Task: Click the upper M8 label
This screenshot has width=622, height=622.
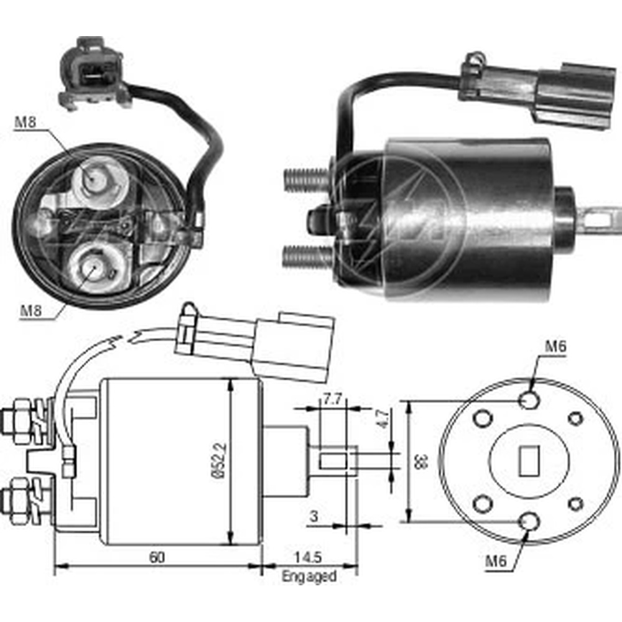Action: pyautogui.click(x=26, y=122)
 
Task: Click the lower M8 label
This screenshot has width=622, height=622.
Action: pyautogui.click(x=31, y=310)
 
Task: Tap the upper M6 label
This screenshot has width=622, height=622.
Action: pyautogui.click(x=555, y=346)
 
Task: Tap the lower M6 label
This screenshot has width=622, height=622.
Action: pyautogui.click(x=496, y=561)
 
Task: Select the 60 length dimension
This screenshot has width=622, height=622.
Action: pyautogui.click(x=157, y=557)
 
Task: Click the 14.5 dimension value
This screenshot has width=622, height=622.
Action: pyautogui.click(x=308, y=557)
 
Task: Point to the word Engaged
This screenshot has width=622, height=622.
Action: pyautogui.click(x=309, y=576)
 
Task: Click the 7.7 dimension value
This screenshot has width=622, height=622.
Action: pyautogui.click(x=332, y=399)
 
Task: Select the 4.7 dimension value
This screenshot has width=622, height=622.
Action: pyautogui.click(x=383, y=419)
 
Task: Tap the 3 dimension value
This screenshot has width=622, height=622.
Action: pyautogui.click(x=313, y=516)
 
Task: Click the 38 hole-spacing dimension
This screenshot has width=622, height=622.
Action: pyautogui.click(x=421, y=462)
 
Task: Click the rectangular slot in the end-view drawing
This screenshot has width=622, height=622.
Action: pyautogui.click(x=529, y=460)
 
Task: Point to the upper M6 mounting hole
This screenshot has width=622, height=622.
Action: pyautogui.click(x=529, y=400)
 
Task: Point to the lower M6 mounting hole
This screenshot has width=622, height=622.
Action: pyautogui.click(x=529, y=521)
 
